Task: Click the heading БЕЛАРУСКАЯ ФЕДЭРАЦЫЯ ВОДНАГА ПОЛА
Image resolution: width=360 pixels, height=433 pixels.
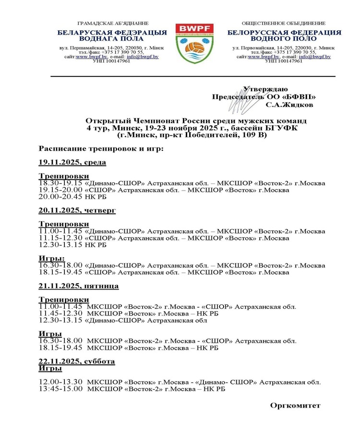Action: click(x=112, y=35)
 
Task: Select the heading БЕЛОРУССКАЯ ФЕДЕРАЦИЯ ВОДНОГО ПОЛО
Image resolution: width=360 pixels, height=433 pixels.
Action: click(x=284, y=35)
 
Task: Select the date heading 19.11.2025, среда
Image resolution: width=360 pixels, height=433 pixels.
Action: click(x=72, y=162)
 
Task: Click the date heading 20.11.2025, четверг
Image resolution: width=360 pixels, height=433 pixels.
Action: click(x=77, y=210)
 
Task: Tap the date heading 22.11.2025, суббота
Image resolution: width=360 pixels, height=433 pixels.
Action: click(x=77, y=361)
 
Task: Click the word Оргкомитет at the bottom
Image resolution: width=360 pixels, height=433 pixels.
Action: click(x=295, y=406)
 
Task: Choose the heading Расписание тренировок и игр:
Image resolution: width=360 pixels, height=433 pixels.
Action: click(x=101, y=149)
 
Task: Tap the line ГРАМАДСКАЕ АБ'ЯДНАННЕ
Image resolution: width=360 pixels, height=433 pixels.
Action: click(x=113, y=23)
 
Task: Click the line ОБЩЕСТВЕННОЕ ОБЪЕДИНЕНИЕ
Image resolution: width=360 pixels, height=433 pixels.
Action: click(x=284, y=23)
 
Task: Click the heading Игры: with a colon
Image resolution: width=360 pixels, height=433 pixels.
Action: click(x=51, y=258)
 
